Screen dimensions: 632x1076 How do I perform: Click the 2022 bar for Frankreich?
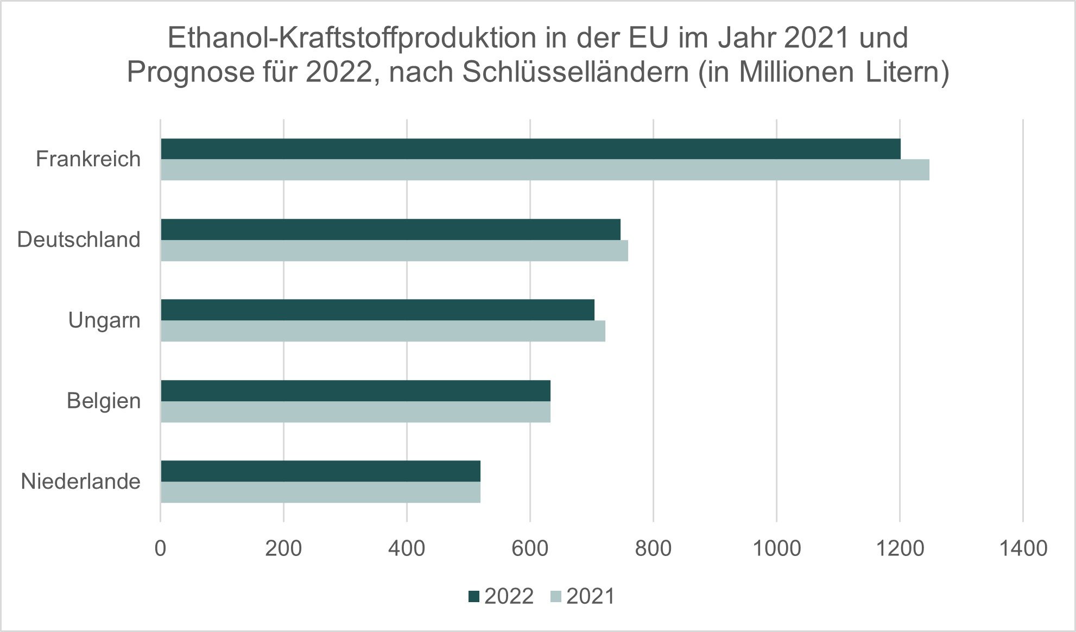coord(530,149)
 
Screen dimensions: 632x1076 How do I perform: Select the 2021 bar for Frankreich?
coord(545,170)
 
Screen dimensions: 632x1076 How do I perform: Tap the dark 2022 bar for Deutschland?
coord(390,229)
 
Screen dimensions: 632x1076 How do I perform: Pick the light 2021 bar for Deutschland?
coord(394,251)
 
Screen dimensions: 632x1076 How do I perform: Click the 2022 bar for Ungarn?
coord(377,309)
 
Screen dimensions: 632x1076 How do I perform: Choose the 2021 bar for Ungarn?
coord(383,331)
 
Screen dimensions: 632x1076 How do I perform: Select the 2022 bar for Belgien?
coord(356,390)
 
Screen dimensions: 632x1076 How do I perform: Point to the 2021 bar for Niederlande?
coord(320,492)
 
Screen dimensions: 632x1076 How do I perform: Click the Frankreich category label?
coord(88,159)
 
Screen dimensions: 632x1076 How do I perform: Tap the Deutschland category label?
coord(79,239)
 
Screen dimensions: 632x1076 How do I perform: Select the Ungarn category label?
coord(104,320)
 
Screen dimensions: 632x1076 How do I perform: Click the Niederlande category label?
coord(80,482)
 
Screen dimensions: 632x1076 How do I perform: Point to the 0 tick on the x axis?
coord(160,548)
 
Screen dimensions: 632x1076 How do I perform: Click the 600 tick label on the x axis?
coord(530,548)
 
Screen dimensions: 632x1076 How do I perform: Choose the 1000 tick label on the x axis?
coord(776,548)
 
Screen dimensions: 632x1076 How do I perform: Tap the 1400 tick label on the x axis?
coord(1023,548)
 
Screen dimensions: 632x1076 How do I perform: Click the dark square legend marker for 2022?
coord(474,597)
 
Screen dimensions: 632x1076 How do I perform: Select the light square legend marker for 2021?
coord(556,597)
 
